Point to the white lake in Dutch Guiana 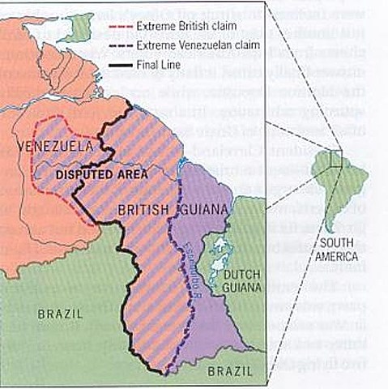[x=215, y=243]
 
